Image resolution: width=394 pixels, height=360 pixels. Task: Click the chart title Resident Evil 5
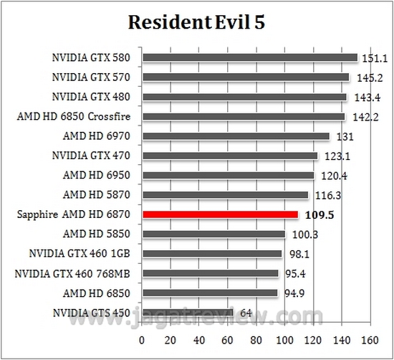[x=197, y=23]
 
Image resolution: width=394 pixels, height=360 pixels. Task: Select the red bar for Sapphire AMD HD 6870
[x=220, y=214]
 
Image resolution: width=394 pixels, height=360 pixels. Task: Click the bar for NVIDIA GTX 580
[x=249, y=58]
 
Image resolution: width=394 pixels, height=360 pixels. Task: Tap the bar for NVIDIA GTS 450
[x=188, y=312]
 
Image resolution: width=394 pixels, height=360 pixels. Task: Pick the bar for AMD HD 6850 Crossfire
[x=244, y=117]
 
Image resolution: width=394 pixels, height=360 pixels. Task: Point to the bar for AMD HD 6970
[x=236, y=136]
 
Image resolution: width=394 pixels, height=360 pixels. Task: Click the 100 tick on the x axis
[x=285, y=339]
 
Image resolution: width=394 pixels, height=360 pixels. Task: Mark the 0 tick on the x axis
[x=143, y=339]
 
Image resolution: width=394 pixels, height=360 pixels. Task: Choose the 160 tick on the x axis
[x=370, y=339]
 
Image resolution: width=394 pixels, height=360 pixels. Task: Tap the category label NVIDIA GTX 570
[x=90, y=77]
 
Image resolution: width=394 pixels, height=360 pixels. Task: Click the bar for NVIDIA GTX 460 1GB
[x=212, y=253]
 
